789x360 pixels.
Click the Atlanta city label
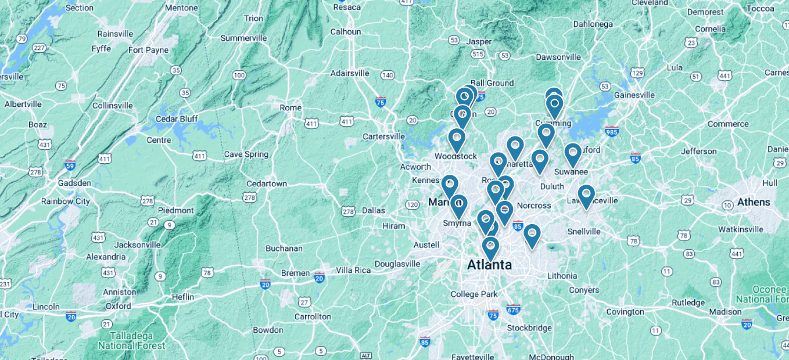(x=490, y=265)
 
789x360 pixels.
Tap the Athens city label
(x=754, y=203)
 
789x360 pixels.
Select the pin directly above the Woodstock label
(x=457, y=139)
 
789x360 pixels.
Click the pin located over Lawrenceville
(x=586, y=195)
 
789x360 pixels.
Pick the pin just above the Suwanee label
(x=573, y=154)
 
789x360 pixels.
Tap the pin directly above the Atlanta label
(x=490, y=247)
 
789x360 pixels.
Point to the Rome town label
(x=291, y=108)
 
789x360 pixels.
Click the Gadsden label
(x=74, y=183)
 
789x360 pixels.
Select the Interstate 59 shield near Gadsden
(x=70, y=164)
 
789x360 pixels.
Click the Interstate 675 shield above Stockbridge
(x=513, y=309)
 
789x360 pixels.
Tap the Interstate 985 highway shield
(x=612, y=131)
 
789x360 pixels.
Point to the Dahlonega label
(x=593, y=24)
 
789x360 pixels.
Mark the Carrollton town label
(x=313, y=316)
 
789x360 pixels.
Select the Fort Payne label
(x=148, y=50)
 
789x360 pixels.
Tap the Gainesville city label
(x=634, y=95)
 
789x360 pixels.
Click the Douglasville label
(x=397, y=264)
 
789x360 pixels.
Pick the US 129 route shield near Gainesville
(x=637, y=73)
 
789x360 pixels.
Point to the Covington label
(x=625, y=312)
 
